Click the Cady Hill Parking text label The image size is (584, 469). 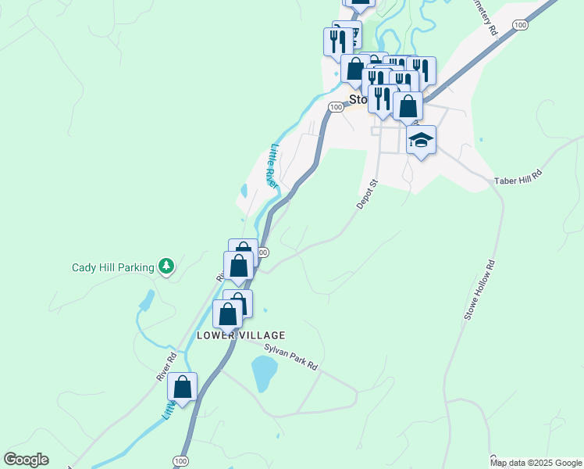112,267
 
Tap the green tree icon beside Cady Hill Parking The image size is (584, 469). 166,267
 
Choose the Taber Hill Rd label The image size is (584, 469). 518,177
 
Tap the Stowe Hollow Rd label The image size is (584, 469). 481,290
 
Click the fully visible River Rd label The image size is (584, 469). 167,366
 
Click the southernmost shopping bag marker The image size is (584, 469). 182,387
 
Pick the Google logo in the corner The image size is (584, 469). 26,460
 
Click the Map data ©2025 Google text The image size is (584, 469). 536,463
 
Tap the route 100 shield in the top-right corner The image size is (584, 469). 520,26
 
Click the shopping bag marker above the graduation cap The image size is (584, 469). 408,106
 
